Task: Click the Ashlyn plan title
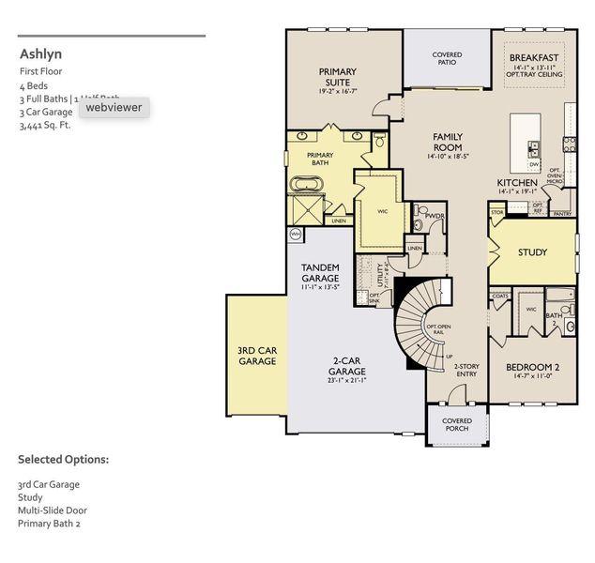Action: [40, 53]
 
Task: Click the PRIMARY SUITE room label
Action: [337, 78]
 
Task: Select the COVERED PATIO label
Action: [447, 60]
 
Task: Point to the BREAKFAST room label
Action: [534, 57]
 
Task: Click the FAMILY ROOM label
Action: [448, 143]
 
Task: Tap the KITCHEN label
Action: [517, 182]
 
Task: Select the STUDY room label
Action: [533, 251]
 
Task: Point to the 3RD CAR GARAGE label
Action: [256, 356]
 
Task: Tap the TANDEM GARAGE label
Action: [320, 273]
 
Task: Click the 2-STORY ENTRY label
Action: [466, 371]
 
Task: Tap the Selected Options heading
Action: [63, 460]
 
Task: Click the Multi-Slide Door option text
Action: [52, 510]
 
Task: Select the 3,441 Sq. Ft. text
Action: [45, 124]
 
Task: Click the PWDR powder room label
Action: [434, 216]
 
